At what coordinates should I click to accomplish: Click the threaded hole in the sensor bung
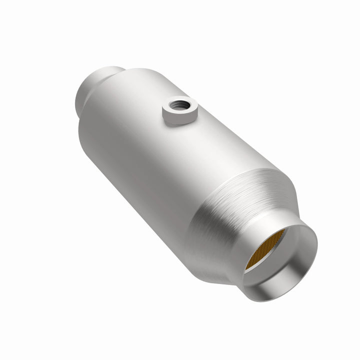[x=178, y=105]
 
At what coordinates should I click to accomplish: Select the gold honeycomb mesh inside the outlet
[x=264, y=248]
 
